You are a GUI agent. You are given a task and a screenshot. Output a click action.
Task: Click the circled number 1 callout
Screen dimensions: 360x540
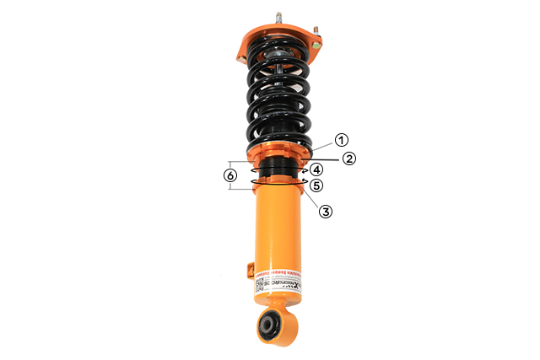pos(340,141)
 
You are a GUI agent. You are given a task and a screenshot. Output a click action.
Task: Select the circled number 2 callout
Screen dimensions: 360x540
pos(348,158)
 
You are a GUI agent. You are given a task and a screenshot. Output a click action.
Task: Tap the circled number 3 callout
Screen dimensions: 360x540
pos(326,211)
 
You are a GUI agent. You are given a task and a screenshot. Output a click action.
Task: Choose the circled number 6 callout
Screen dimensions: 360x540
pos(229,176)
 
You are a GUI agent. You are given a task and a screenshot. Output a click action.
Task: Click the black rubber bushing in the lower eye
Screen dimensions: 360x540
pos(271,325)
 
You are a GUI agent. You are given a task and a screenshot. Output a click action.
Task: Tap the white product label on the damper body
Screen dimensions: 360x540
pos(279,283)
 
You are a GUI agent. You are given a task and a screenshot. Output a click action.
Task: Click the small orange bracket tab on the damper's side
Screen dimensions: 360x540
pos(250,271)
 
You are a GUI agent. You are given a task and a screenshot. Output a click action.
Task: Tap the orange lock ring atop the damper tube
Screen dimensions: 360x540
pos(278,185)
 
